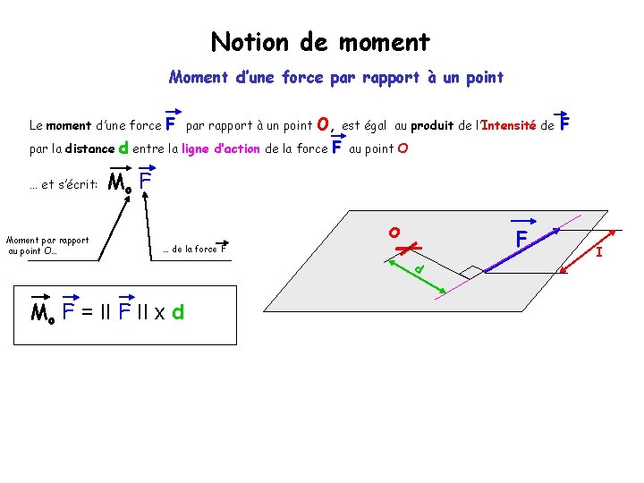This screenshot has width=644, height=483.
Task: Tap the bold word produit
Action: pos(429,126)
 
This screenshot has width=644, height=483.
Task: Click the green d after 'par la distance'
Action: pos(123,148)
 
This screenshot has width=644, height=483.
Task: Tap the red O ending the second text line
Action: pos(402,148)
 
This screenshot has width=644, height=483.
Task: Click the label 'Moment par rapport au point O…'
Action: pos(47,246)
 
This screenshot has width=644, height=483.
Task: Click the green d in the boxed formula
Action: pos(178,313)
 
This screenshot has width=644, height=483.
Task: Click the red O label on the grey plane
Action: pos(394,232)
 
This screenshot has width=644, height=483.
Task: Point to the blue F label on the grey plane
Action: pos(521,240)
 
